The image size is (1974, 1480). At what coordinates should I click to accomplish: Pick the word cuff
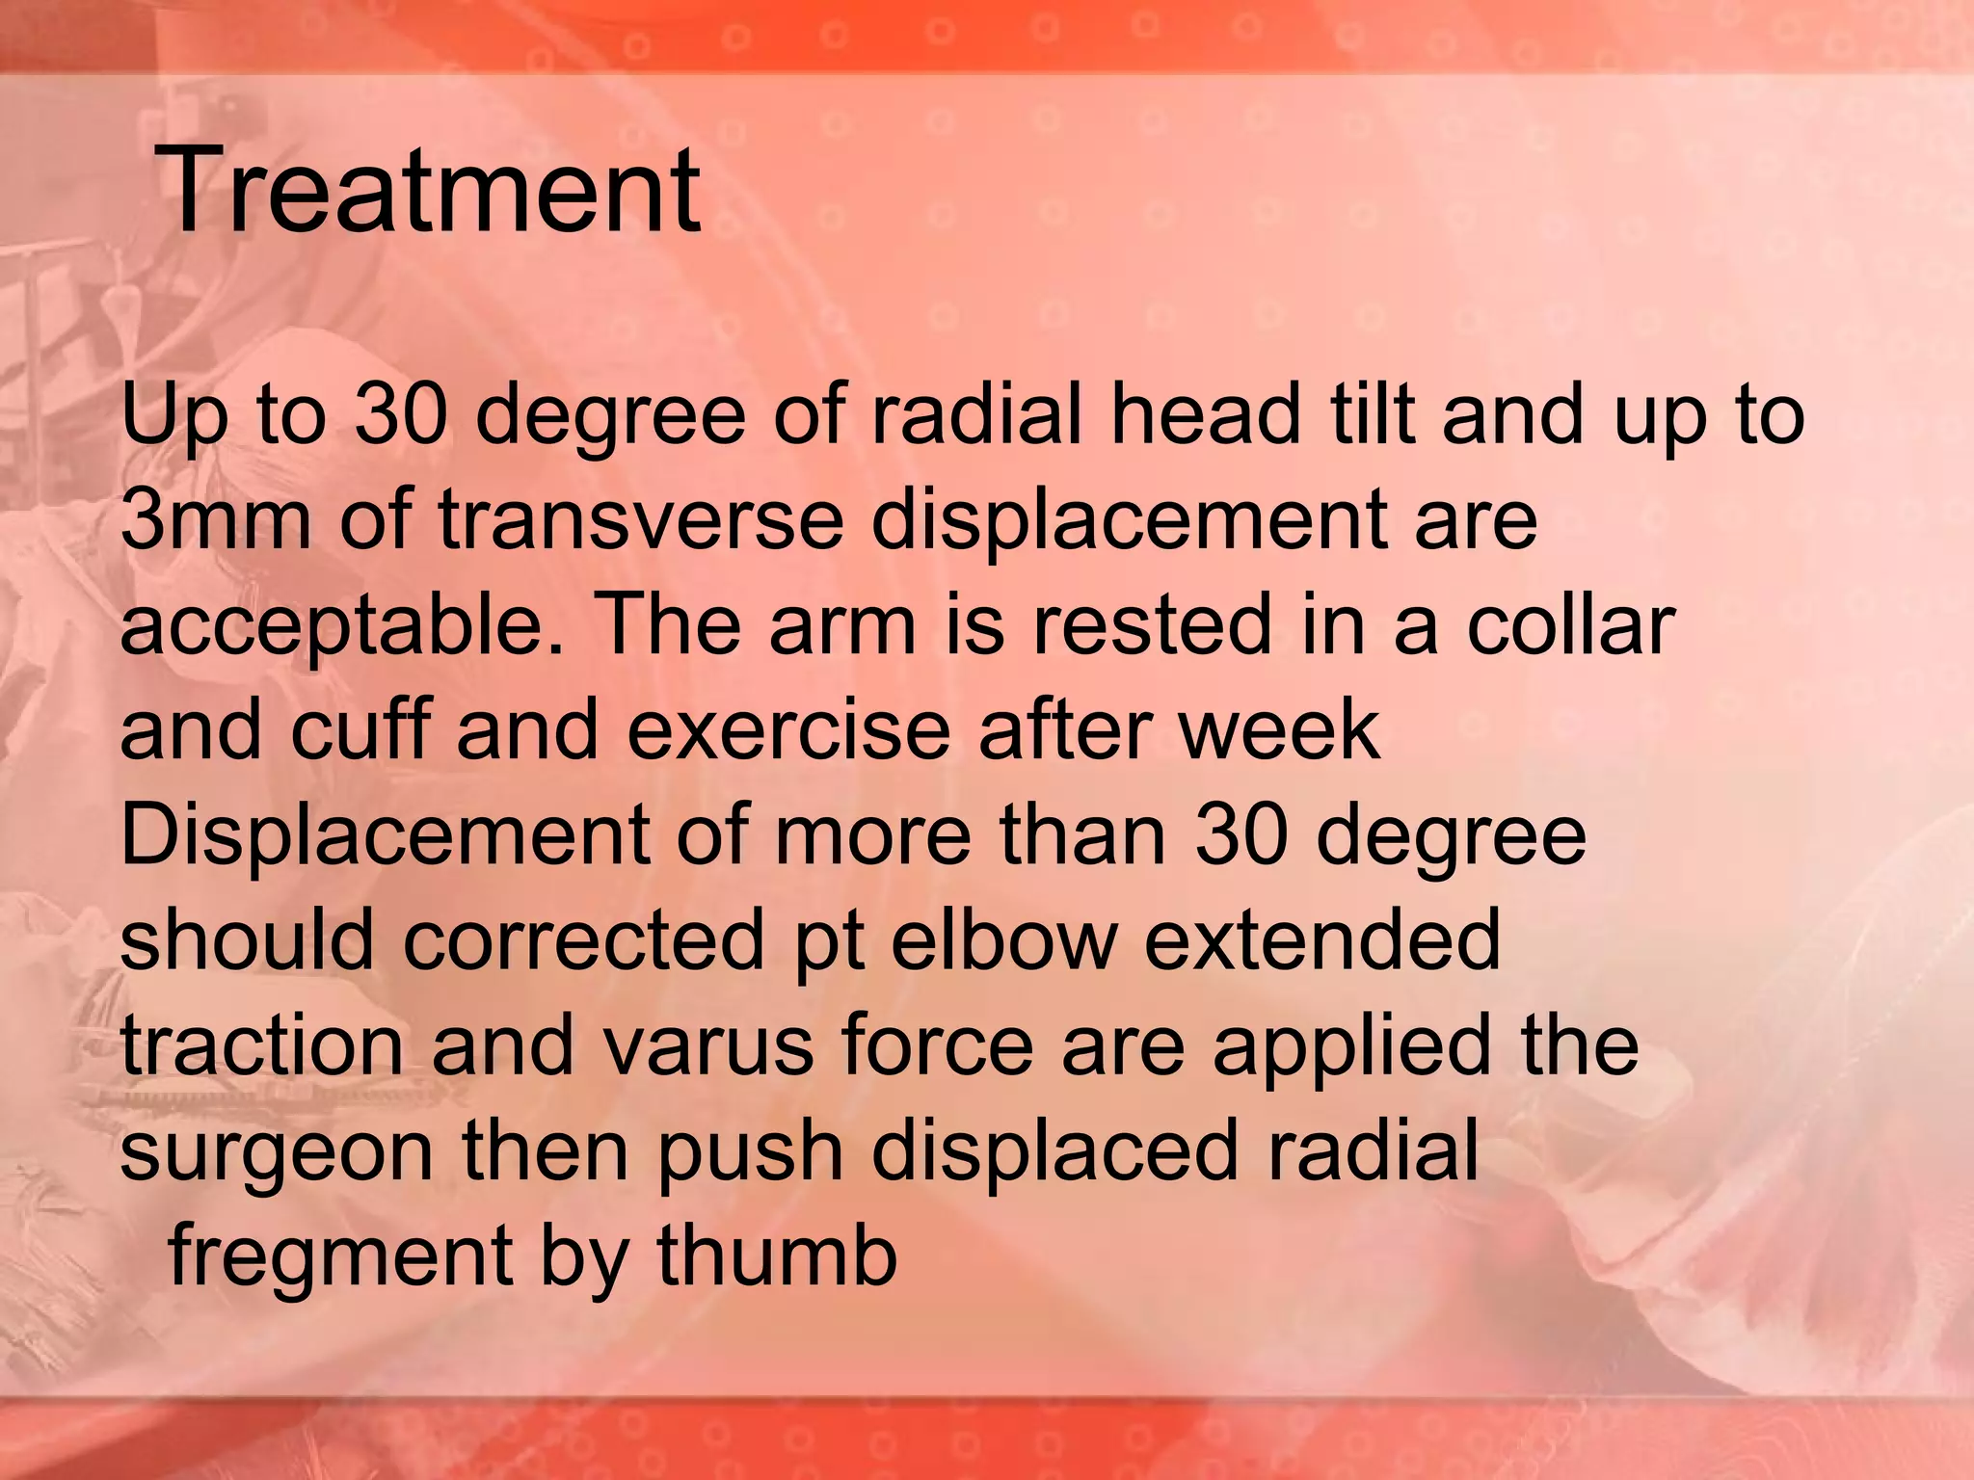click(x=360, y=729)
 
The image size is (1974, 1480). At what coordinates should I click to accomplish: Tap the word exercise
click(x=788, y=730)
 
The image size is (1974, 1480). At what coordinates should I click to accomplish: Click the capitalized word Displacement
click(x=385, y=835)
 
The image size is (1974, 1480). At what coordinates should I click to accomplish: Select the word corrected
click(x=584, y=939)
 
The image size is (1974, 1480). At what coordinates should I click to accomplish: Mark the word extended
click(x=1322, y=939)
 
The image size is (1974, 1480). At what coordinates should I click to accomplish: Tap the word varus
click(x=707, y=1045)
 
